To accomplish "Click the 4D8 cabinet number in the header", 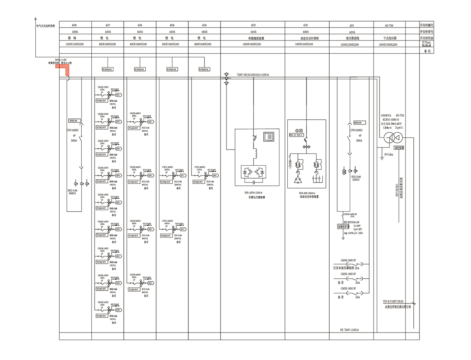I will pyautogui.click(x=75, y=25).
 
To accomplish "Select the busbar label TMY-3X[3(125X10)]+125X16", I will pyautogui.click(x=255, y=75).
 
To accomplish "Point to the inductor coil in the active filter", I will pyautogui.click(x=254, y=152).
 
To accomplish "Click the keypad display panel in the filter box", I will pyautogui.click(x=270, y=137).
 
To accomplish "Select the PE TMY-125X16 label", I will pyautogui.click(x=349, y=330).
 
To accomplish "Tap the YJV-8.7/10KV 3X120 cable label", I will pyautogui.click(x=397, y=302).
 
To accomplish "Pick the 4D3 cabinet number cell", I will pyautogui.click(x=253, y=25).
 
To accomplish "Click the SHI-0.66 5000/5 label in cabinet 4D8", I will pyautogui.click(x=73, y=191).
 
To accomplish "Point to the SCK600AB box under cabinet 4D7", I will pyautogui.click(x=107, y=69).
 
